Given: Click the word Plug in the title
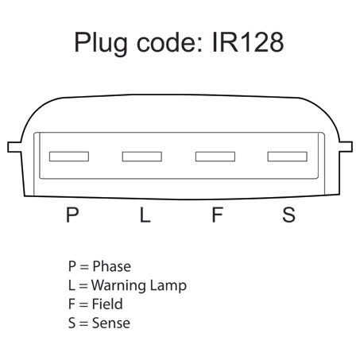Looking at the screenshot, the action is tap(101, 44).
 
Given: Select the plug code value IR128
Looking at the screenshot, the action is tap(248, 42).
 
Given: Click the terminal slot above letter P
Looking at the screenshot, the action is tap(69, 157).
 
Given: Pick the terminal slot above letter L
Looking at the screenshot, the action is tap(142, 157).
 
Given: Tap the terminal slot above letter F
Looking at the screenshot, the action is tap(215, 157).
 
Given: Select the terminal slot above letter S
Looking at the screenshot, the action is tap(288, 157).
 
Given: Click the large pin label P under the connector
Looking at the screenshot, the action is tap(72, 215).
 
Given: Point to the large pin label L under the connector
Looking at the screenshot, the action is tap(145, 215).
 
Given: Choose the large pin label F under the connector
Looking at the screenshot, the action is tap(217, 215).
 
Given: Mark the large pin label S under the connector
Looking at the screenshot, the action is tap(288, 215).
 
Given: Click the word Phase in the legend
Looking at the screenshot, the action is tap(111, 266).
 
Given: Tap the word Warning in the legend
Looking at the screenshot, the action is tap(118, 286).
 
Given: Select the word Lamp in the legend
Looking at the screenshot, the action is tap(168, 286).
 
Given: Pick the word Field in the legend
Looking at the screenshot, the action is tap(107, 304).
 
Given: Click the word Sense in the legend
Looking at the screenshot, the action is tap(111, 323).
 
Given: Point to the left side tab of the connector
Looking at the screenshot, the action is tap(14, 147).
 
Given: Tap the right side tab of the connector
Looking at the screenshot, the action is tap(346, 147).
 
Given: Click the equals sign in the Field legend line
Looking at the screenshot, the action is tap(83, 304).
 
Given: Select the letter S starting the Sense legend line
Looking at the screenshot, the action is tap(72, 323).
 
